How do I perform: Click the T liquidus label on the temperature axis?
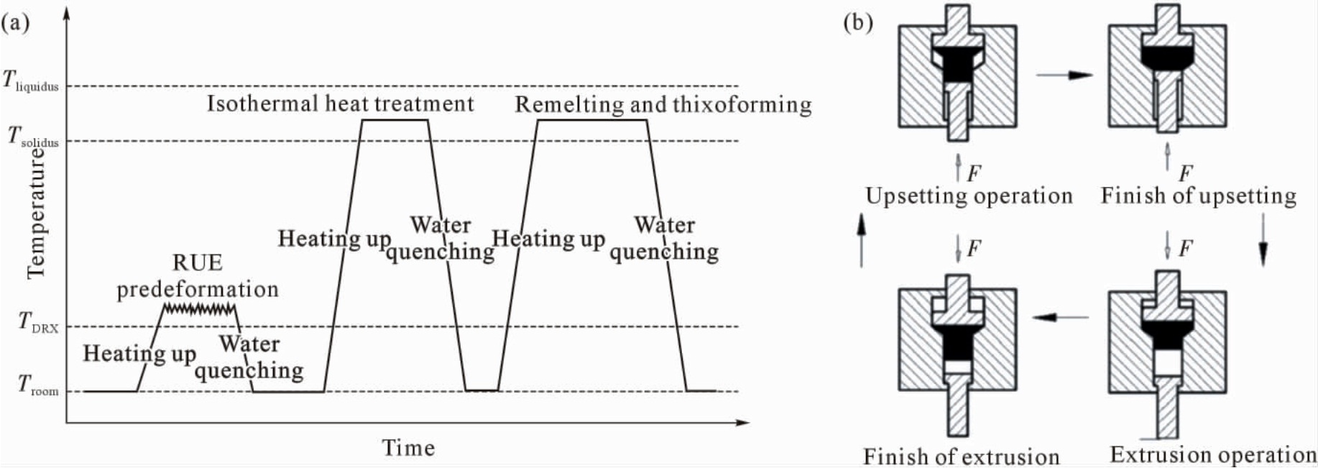31,81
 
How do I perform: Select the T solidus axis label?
33,137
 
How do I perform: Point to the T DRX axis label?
38,321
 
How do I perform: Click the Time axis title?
408,448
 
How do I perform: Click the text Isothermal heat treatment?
341,104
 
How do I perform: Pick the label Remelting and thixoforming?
663,105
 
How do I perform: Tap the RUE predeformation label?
198,276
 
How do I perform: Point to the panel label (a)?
15,23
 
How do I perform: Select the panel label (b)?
858,23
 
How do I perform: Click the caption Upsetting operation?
969,196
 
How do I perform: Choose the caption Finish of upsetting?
1199,196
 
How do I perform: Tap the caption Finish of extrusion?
962,456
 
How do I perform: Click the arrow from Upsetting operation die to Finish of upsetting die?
1065,75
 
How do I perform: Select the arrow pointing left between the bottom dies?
1061,316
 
